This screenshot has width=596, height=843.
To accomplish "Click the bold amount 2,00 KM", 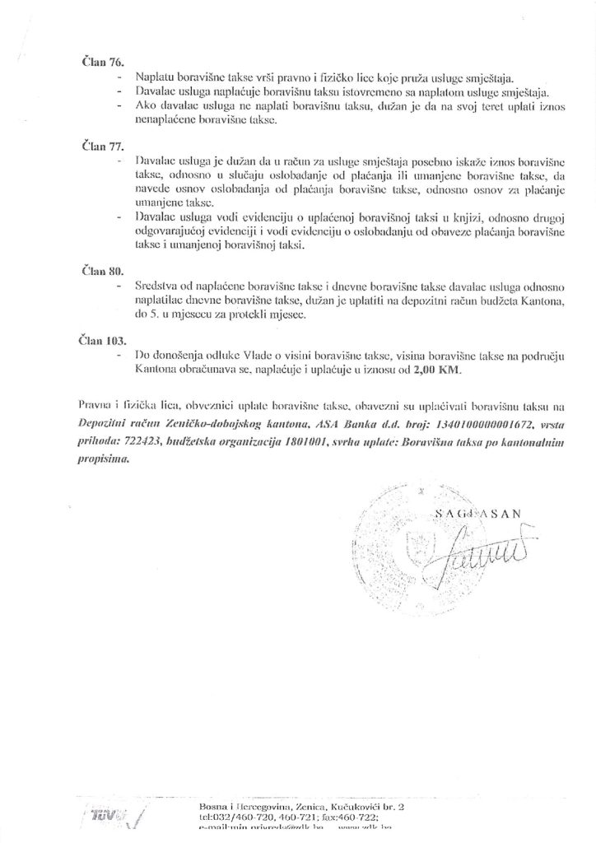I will pos(441,370).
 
